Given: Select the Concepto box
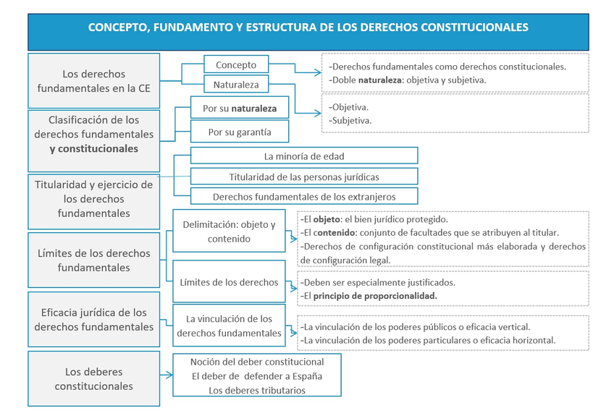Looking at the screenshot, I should point(236,65).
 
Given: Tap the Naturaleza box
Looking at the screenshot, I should point(236,85).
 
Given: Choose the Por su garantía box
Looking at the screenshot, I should point(240,132).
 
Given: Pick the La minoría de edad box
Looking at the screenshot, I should point(304,156).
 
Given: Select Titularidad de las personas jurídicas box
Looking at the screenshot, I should point(304,177).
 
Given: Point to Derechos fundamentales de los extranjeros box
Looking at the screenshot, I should point(304,197).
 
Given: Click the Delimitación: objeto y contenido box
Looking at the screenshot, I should point(229,232).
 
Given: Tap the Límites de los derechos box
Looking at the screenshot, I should point(229,282).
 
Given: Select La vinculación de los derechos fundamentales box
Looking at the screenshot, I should point(229,326).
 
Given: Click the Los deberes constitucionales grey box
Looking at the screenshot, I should point(93,379).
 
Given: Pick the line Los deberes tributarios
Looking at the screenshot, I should point(256,391).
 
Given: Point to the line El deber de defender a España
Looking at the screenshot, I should point(256,376).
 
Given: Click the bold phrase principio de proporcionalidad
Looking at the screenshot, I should point(375,296).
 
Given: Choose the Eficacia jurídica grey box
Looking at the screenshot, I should point(93,320).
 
